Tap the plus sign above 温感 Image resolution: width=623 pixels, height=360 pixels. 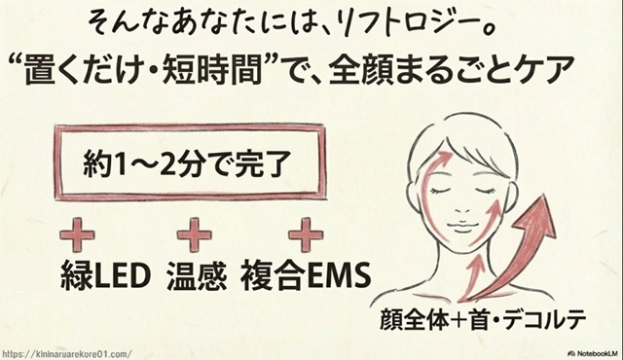[194, 234]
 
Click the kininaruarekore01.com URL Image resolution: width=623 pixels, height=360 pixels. [66, 353]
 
